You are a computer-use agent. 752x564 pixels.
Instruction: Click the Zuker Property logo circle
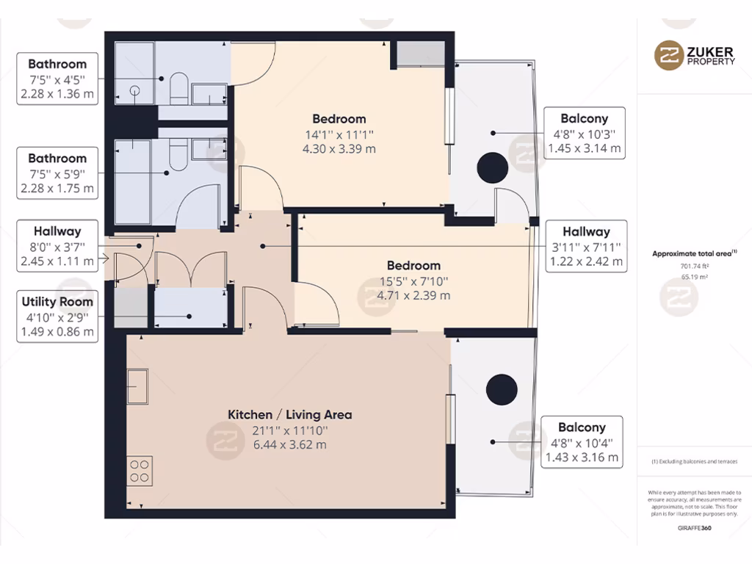click(x=669, y=56)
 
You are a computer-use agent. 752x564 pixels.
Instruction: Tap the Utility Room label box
click(x=57, y=317)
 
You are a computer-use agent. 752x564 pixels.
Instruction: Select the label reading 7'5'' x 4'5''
click(x=57, y=79)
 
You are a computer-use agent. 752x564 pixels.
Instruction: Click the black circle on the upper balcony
click(x=492, y=167)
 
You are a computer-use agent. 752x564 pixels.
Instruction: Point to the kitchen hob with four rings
click(x=140, y=470)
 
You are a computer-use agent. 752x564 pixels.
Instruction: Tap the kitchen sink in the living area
click(x=137, y=386)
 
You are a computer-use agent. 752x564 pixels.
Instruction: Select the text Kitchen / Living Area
click(x=289, y=415)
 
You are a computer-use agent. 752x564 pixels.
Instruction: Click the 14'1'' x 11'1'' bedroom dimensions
click(x=339, y=134)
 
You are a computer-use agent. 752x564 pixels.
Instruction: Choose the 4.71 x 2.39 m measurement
click(x=413, y=295)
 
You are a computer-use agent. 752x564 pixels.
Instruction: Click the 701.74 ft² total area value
click(x=694, y=267)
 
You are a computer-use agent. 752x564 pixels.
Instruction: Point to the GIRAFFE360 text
click(x=694, y=527)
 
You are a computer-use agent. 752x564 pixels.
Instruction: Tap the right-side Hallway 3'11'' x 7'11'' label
click(x=586, y=246)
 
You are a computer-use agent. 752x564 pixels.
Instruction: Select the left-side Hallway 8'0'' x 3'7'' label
click(x=57, y=246)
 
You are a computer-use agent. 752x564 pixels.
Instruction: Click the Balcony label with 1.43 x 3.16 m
click(x=582, y=442)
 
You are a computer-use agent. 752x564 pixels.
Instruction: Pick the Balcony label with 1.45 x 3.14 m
click(x=584, y=133)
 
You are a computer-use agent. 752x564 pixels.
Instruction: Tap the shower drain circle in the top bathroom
click(x=135, y=91)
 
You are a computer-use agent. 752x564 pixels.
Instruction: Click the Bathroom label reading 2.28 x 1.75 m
click(x=57, y=173)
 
